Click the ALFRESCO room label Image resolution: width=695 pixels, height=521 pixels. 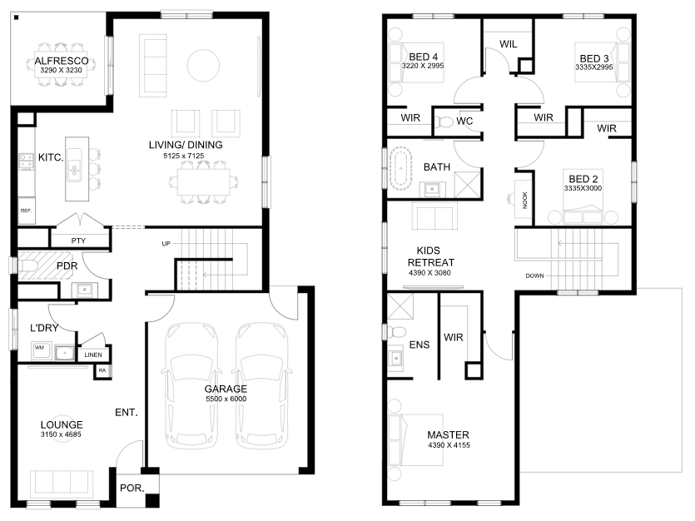62,61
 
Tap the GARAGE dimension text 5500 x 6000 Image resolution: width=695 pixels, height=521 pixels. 226,399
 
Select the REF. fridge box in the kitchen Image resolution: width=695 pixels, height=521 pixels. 26,211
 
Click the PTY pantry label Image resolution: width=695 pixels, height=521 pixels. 78,241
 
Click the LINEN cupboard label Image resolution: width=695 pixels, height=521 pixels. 93,355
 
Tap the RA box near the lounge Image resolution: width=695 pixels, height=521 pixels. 102,371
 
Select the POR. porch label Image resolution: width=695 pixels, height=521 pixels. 132,489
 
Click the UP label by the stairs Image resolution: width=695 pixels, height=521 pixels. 166,244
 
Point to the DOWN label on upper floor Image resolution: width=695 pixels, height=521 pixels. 534,275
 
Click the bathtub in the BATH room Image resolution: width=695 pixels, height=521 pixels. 400,169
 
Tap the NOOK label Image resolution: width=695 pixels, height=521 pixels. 525,200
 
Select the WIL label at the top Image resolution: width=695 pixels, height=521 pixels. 509,44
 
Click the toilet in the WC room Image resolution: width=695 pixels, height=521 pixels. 443,122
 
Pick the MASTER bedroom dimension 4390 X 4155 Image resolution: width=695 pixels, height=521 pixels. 449,444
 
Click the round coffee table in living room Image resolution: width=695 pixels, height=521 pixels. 203,66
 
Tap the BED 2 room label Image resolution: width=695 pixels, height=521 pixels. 583,179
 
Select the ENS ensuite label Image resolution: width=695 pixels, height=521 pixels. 419,345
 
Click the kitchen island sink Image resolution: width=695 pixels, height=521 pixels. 74,166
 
